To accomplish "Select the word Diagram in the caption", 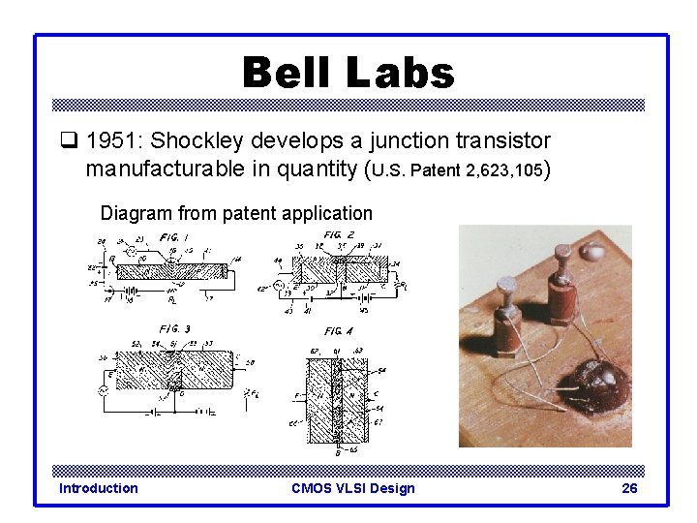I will pyautogui.click(x=135, y=213).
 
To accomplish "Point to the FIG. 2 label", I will pyautogui.click(x=332, y=235).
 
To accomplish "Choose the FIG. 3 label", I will pyautogui.click(x=174, y=329).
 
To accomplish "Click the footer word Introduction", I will pyautogui.click(x=99, y=488).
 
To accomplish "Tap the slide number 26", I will pyautogui.click(x=629, y=488).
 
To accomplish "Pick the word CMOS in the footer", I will pyautogui.click(x=313, y=488).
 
